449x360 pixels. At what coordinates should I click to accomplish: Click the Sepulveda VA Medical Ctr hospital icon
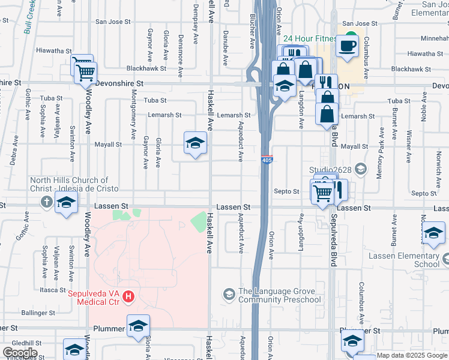pyautogui.click(x=128, y=296)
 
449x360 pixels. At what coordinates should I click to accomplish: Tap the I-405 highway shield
pyautogui.click(x=267, y=159)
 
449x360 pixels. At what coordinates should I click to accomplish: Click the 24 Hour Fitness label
pyautogui.click(x=310, y=39)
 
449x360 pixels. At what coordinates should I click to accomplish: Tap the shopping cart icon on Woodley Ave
pyautogui.click(x=85, y=72)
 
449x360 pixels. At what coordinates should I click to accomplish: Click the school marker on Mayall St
pyautogui.click(x=195, y=144)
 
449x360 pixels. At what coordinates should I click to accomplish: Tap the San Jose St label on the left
pyautogui.click(x=113, y=22)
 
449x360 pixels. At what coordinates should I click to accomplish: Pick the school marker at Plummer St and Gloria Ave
pyautogui.click(x=138, y=326)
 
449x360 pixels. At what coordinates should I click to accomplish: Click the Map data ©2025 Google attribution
pyautogui.click(x=412, y=355)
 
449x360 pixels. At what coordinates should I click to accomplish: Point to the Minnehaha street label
pyautogui.click(x=435, y=38)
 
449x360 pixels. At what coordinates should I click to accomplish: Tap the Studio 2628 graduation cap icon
pyautogui.click(x=360, y=169)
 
